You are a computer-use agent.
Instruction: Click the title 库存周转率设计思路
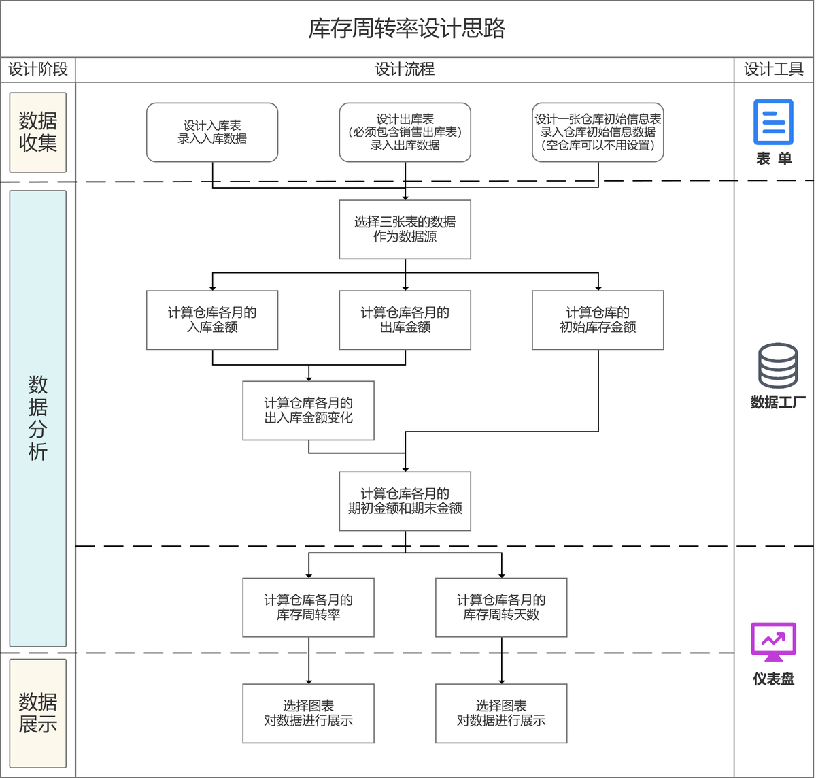pyautogui.click(x=407, y=29)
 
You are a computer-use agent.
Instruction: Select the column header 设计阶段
pyautogui.click(x=38, y=69)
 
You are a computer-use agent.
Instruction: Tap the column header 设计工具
pyautogui.click(x=774, y=69)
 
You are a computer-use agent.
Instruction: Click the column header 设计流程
pyautogui.click(x=405, y=69)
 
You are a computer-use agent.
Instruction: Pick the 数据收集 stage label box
pyautogui.click(x=38, y=132)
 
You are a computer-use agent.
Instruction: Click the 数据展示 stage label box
pyautogui.click(x=38, y=713)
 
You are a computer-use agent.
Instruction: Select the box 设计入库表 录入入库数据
pyautogui.click(x=212, y=132)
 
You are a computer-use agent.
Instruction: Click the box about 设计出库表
pyautogui.click(x=405, y=132)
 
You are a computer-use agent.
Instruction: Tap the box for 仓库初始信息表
pyautogui.click(x=598, y=132)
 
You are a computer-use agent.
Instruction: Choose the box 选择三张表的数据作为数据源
pyautogui.click(x=405, y=229)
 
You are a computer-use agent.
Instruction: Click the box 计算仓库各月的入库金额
pyautogui.click(x=212, y=320)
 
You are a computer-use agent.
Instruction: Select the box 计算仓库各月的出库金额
pyautogui.click(x=405, y=320)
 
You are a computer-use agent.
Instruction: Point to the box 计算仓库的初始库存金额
pyautogui.click(x=598, y=320)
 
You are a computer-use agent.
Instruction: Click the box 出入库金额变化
pyautogui.click(x=308, y=410)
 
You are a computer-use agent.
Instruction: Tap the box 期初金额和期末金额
pyautogui.click(x=405, y=501)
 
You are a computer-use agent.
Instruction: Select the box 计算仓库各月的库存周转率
pyautogui.click(x=308, y=607)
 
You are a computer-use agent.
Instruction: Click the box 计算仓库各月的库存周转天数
pyautogui.click(x=501, y=607)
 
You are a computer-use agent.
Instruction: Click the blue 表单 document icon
pyautogui.click(x=773, y=123)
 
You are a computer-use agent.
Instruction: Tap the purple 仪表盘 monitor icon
pyautogui.click(x=773, y=642)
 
